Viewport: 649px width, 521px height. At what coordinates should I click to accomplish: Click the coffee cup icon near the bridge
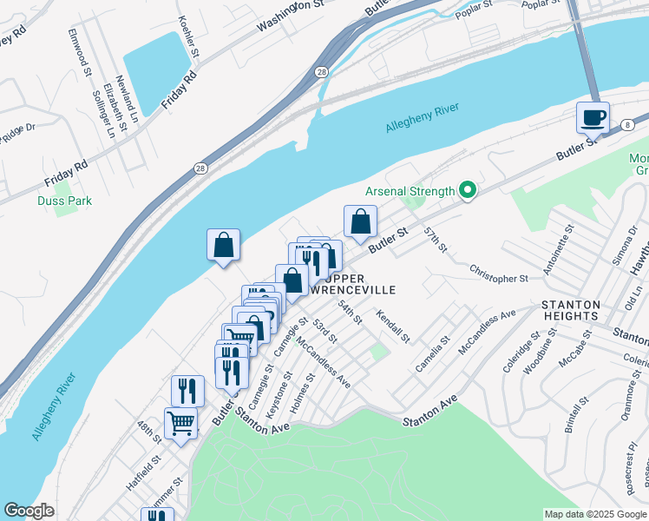point(593,117)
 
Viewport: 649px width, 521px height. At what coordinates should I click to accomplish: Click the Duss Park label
point(64,201)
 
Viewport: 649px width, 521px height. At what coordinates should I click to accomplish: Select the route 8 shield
point(626,126)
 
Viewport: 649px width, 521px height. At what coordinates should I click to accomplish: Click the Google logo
point(29,511)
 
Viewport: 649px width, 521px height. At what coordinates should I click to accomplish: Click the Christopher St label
point(498,279)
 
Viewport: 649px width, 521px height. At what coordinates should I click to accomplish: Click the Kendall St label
point(392,324)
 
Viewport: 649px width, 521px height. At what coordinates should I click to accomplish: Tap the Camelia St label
point(431,354)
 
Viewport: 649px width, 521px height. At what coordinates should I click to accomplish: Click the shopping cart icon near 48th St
point(181,424)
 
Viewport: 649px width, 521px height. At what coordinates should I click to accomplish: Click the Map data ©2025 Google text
point(595,514)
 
